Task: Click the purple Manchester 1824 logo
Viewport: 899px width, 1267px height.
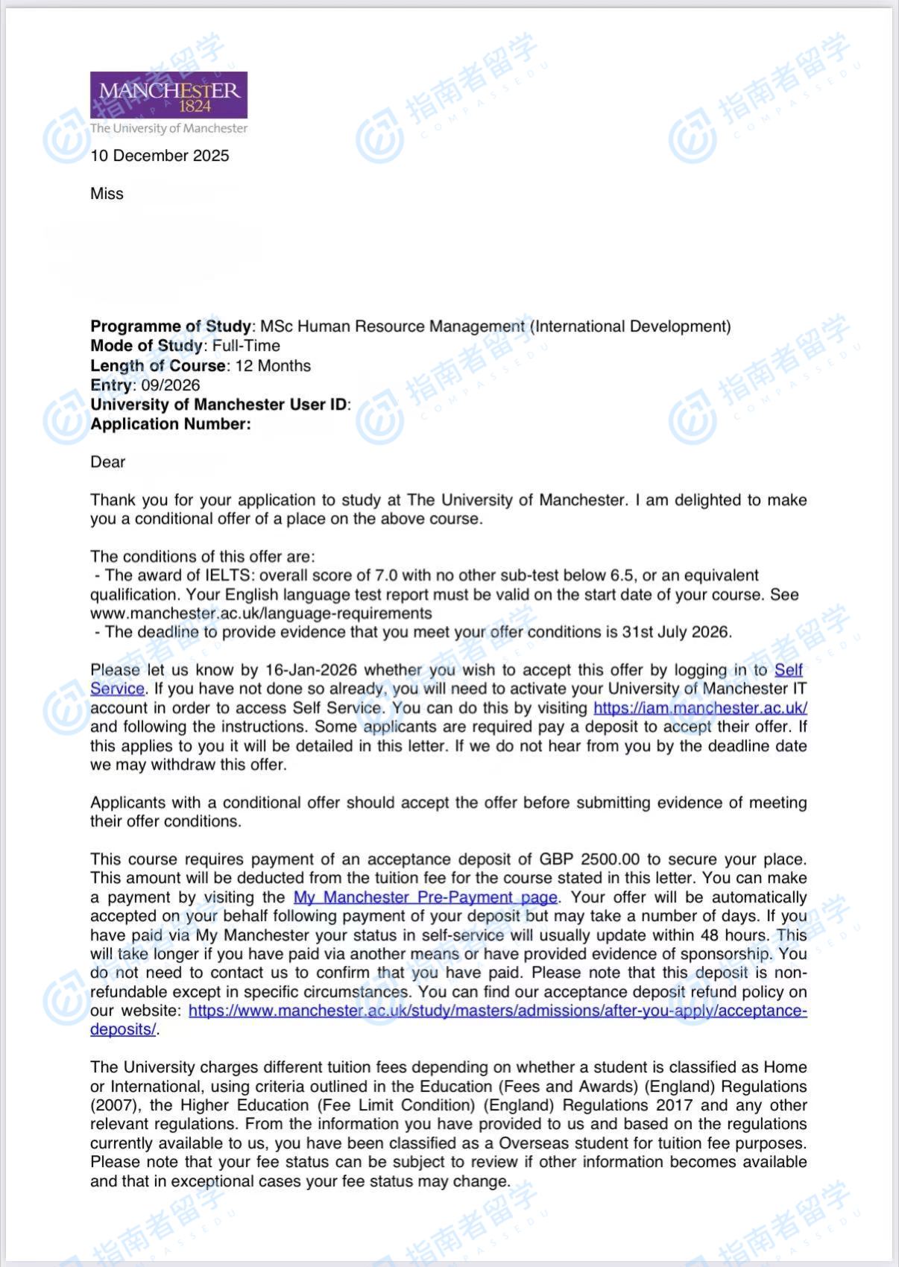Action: (x=168, y=95)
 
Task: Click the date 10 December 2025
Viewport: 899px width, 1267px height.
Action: (x=160, y=156)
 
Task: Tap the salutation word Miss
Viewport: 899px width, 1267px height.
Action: (x=107, y=194)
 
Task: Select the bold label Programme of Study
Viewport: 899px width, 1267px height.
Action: (x=171, y=326)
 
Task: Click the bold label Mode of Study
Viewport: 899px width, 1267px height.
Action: (x=146, y=346)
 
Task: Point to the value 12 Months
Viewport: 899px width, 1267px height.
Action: (x=273, y=366)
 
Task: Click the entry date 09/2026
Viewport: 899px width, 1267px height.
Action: (x=171, y=385)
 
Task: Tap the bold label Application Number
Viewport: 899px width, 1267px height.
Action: (x=170, y=424)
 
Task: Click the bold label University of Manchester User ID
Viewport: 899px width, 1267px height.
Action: (x=218, y=405)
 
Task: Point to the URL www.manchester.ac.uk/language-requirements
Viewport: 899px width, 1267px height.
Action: (x=261, y=613)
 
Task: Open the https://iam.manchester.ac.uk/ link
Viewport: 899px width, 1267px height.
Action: (x=700, y=708)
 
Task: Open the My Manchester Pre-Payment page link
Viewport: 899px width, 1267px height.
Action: (x=425, y=897)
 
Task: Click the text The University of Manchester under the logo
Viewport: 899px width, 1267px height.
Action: (x=168, y=128)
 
